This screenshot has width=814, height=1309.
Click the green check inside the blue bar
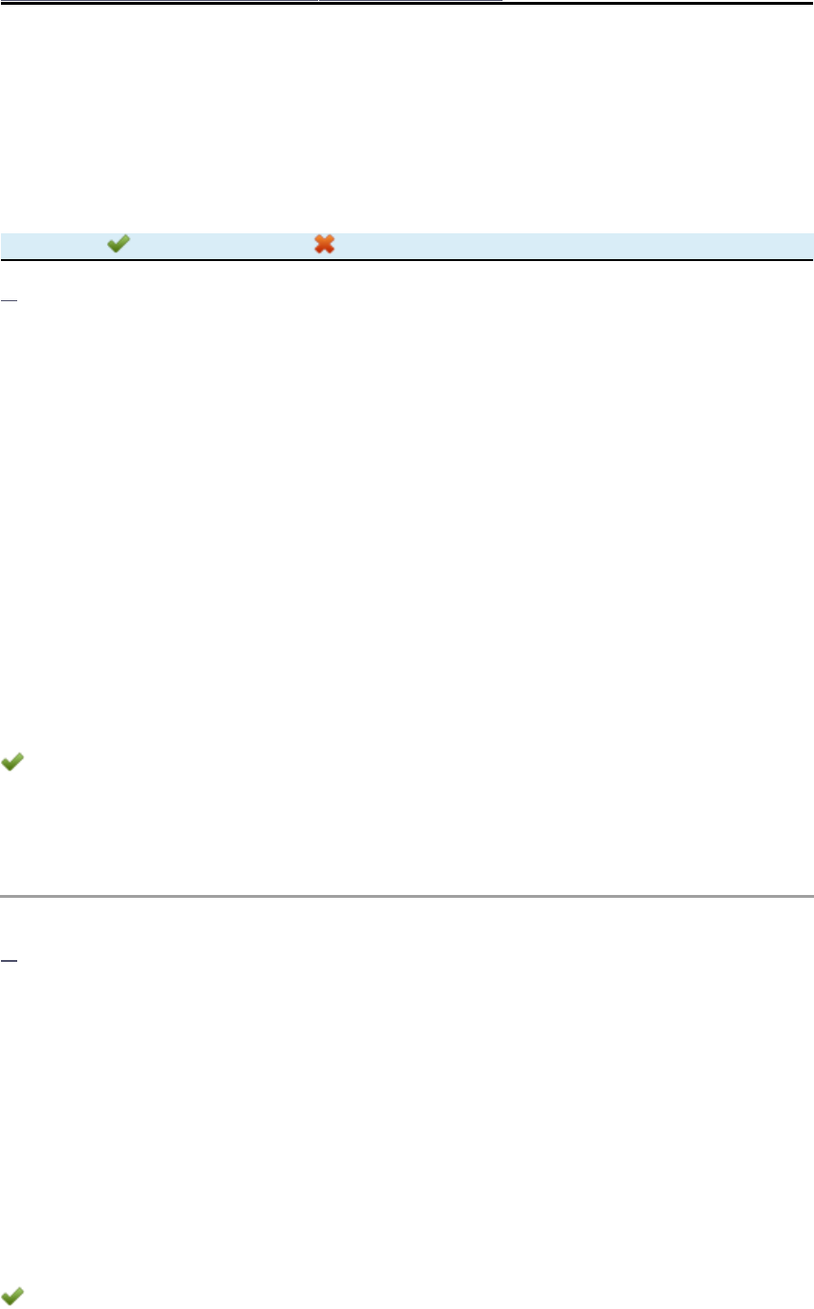click(x=118, y=245)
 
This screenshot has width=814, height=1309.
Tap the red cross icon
click(x=325, y=245)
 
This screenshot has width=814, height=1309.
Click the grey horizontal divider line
click(x=407, y=897)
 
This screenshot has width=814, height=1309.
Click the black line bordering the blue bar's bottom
click(x=407, y=259)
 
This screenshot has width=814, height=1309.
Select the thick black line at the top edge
click(x=191, y=2)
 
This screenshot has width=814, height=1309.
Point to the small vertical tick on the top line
click(x=318, y=3)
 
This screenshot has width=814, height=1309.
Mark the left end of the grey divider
click(x=2, y=897)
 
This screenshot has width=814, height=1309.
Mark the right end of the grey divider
click(x=811, y=897)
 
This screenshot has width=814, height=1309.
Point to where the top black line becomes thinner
click(x=503, y=2)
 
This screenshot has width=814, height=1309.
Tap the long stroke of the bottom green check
click(x=16, y=1295)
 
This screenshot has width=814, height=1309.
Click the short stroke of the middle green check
click(x=7, y=763)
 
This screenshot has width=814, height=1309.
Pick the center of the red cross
click(x=325, y=245)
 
